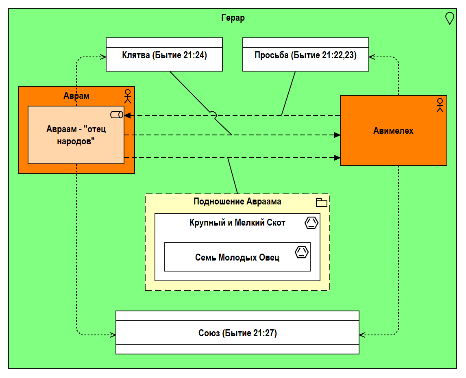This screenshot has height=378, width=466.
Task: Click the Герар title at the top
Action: pos(233,18)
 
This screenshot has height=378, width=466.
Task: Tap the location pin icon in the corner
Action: pos(449,18)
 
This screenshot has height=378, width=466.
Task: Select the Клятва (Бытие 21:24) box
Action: pos(164,55)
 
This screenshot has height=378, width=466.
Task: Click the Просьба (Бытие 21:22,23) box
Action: pos(305,55)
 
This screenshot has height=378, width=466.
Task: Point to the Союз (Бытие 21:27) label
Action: pos(237,333)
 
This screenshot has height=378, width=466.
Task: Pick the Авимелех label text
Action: pos(393,130)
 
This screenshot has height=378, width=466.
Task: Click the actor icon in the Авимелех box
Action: pos(439,105)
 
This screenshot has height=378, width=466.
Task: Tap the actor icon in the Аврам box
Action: pos(128,96)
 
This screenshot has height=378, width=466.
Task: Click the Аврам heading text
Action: pos(76,96)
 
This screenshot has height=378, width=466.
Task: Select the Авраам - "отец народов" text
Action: pos(76,135)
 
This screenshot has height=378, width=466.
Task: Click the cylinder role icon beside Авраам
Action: pos(117,115)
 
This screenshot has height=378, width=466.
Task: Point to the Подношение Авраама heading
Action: pos(237,202)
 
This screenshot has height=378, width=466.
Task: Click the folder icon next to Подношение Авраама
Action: pos(322,202)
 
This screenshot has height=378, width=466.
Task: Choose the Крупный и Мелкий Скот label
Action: pos(237,223)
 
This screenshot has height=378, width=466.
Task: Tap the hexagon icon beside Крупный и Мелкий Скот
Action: pos(311,223)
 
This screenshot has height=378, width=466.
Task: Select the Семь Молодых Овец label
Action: pos(237,257)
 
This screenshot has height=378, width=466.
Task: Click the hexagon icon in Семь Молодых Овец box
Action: pos(301,252)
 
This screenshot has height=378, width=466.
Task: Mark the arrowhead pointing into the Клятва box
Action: pos(103,57)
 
